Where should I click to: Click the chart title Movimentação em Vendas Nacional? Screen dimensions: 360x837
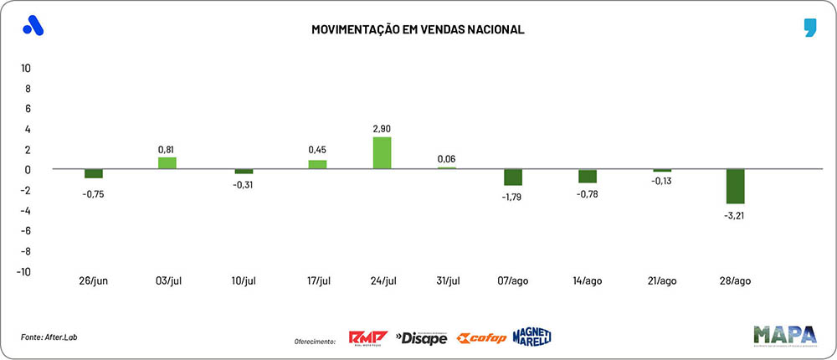tap(418, 29)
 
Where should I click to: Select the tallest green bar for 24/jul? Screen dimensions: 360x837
tap(382, 153)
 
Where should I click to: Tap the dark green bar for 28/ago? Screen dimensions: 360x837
tap(735, 186)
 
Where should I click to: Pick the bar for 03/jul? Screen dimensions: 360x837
tap(167, 163)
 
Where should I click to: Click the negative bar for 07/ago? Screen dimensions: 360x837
tap(513, 177)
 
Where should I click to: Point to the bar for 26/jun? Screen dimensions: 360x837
tap(94, 173)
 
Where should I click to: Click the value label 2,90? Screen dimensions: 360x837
tap(382, 129)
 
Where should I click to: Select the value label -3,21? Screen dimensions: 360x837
tap(735, 214)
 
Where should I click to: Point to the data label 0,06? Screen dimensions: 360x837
tap(448, 159)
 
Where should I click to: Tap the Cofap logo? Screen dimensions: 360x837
tap(480, 338)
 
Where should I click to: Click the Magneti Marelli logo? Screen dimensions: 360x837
tap(531, 337)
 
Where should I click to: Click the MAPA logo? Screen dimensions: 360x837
tap(783, 334)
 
